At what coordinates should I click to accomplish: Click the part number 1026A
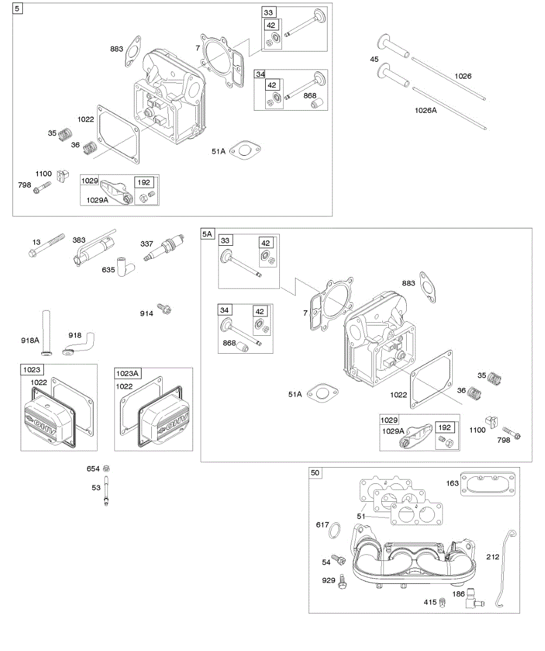coord(426,110)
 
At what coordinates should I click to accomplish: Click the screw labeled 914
coord(165,310)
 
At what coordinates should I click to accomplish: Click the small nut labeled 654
coord(107,468)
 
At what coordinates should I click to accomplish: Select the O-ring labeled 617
coord(335,529)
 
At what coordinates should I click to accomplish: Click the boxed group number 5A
coord(208,233)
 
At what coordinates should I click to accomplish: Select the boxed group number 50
coord(315,473)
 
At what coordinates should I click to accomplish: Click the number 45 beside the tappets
coord(374,59)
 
